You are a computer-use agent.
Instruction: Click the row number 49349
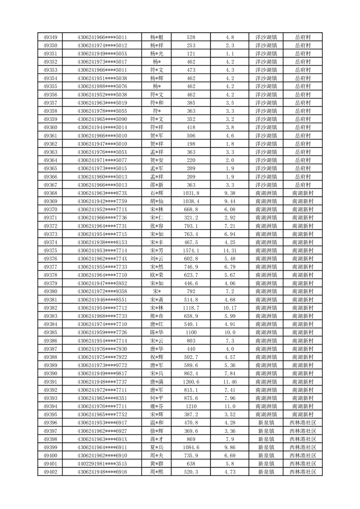point(50,37)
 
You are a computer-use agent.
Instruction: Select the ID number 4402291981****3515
point(102,464)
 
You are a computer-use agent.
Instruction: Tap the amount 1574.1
point(191,250)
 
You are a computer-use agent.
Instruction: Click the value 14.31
point(229,250)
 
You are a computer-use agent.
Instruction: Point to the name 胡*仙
point(156,201)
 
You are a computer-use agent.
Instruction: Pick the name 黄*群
point(156,464)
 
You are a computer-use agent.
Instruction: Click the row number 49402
point(50,472)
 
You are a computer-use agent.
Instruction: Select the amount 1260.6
point(191,382)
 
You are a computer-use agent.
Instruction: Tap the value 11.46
point(229,382)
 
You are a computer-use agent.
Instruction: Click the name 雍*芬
point(156,406)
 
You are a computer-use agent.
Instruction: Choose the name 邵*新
point(156,185)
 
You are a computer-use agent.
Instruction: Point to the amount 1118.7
point(191,308)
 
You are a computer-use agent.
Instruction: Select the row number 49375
point(50,250)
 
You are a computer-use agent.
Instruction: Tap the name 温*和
point(156,423)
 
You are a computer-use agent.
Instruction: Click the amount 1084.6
point(191,448)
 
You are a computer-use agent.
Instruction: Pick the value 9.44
point(229,201)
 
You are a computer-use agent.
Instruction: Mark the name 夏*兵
point(156,448)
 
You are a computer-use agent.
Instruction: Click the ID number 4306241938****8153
point(102,242)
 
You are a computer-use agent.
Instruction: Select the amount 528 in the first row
point(191,37)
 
